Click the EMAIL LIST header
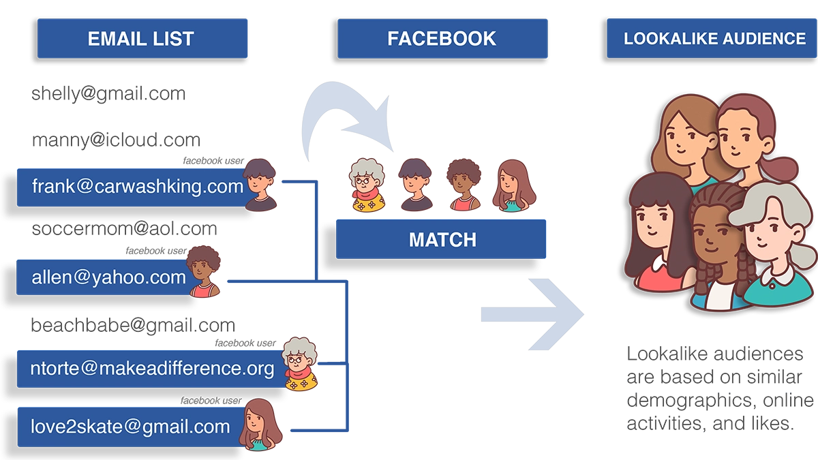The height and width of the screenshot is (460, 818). [x=141, y=38]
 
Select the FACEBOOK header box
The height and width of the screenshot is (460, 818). [x=442, y=38]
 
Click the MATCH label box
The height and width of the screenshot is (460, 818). [x=442, y=239]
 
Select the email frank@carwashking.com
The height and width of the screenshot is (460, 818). [x=137, y=185]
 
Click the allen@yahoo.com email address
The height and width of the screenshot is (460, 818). [x=108, y=277]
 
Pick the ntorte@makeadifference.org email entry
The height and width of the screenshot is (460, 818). [x=152, y=369]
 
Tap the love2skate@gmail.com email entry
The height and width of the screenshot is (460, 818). [x=130, y=427]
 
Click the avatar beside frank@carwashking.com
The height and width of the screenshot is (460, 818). [x=260, y=185]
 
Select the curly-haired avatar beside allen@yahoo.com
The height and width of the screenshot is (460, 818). [x=202, y=272]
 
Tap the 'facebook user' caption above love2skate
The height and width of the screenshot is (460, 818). [x=211, y=401]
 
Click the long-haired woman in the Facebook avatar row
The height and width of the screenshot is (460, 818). [x=511, y=185]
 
